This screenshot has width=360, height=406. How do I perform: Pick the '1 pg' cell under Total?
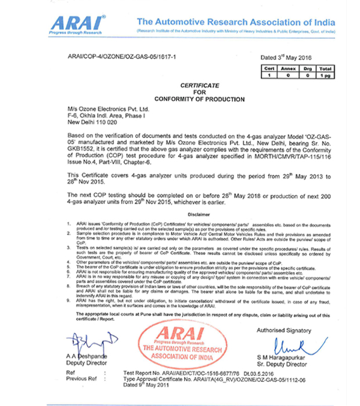(x=326, y=75)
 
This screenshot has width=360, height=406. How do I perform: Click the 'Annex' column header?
(x=289, y=69)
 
